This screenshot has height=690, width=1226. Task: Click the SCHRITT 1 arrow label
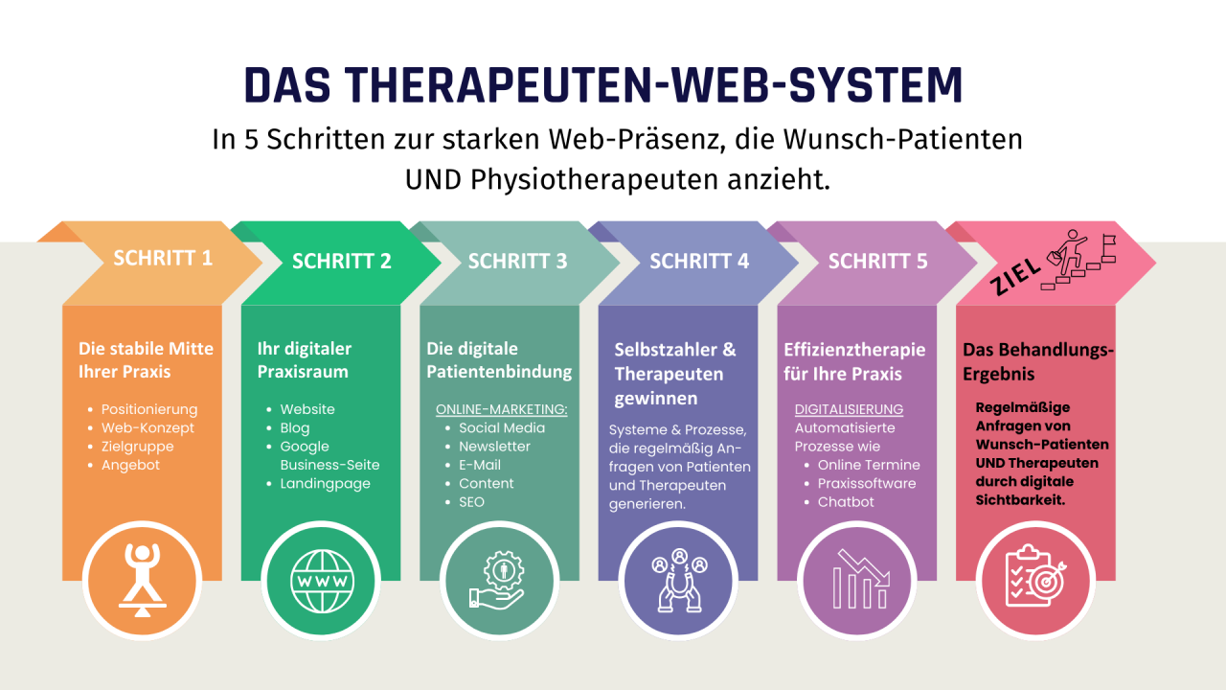click(163, 258)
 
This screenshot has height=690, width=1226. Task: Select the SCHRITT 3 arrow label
click(517, 261)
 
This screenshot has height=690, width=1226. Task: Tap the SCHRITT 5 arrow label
click(877, 261)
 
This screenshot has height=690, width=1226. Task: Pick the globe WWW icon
click(322, 582)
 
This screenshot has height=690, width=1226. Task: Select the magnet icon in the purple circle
click(679, 582)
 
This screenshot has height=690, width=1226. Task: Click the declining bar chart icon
click(858, 582)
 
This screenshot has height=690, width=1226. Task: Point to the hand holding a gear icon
click(500, 582)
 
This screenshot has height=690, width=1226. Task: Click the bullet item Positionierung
click(149, 409)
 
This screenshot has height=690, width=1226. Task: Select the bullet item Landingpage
click(325, 484)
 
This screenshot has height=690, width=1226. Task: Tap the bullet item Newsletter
click(494, 447)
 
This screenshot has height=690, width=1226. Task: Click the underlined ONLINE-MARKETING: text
click(502, 409)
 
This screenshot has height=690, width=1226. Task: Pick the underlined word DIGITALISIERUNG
click(849, 409)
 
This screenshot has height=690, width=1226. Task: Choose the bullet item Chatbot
click(846, 502)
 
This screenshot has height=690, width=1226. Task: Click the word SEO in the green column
click(471, 502)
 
